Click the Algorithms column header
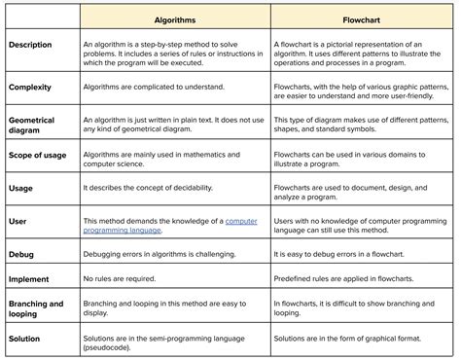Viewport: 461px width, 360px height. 175,18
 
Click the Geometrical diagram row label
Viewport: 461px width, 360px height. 31,126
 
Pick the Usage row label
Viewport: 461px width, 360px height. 21,190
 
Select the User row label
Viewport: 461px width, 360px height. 18,223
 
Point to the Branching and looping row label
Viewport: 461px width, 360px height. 35,309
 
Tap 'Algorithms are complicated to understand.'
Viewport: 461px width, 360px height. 157,88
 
